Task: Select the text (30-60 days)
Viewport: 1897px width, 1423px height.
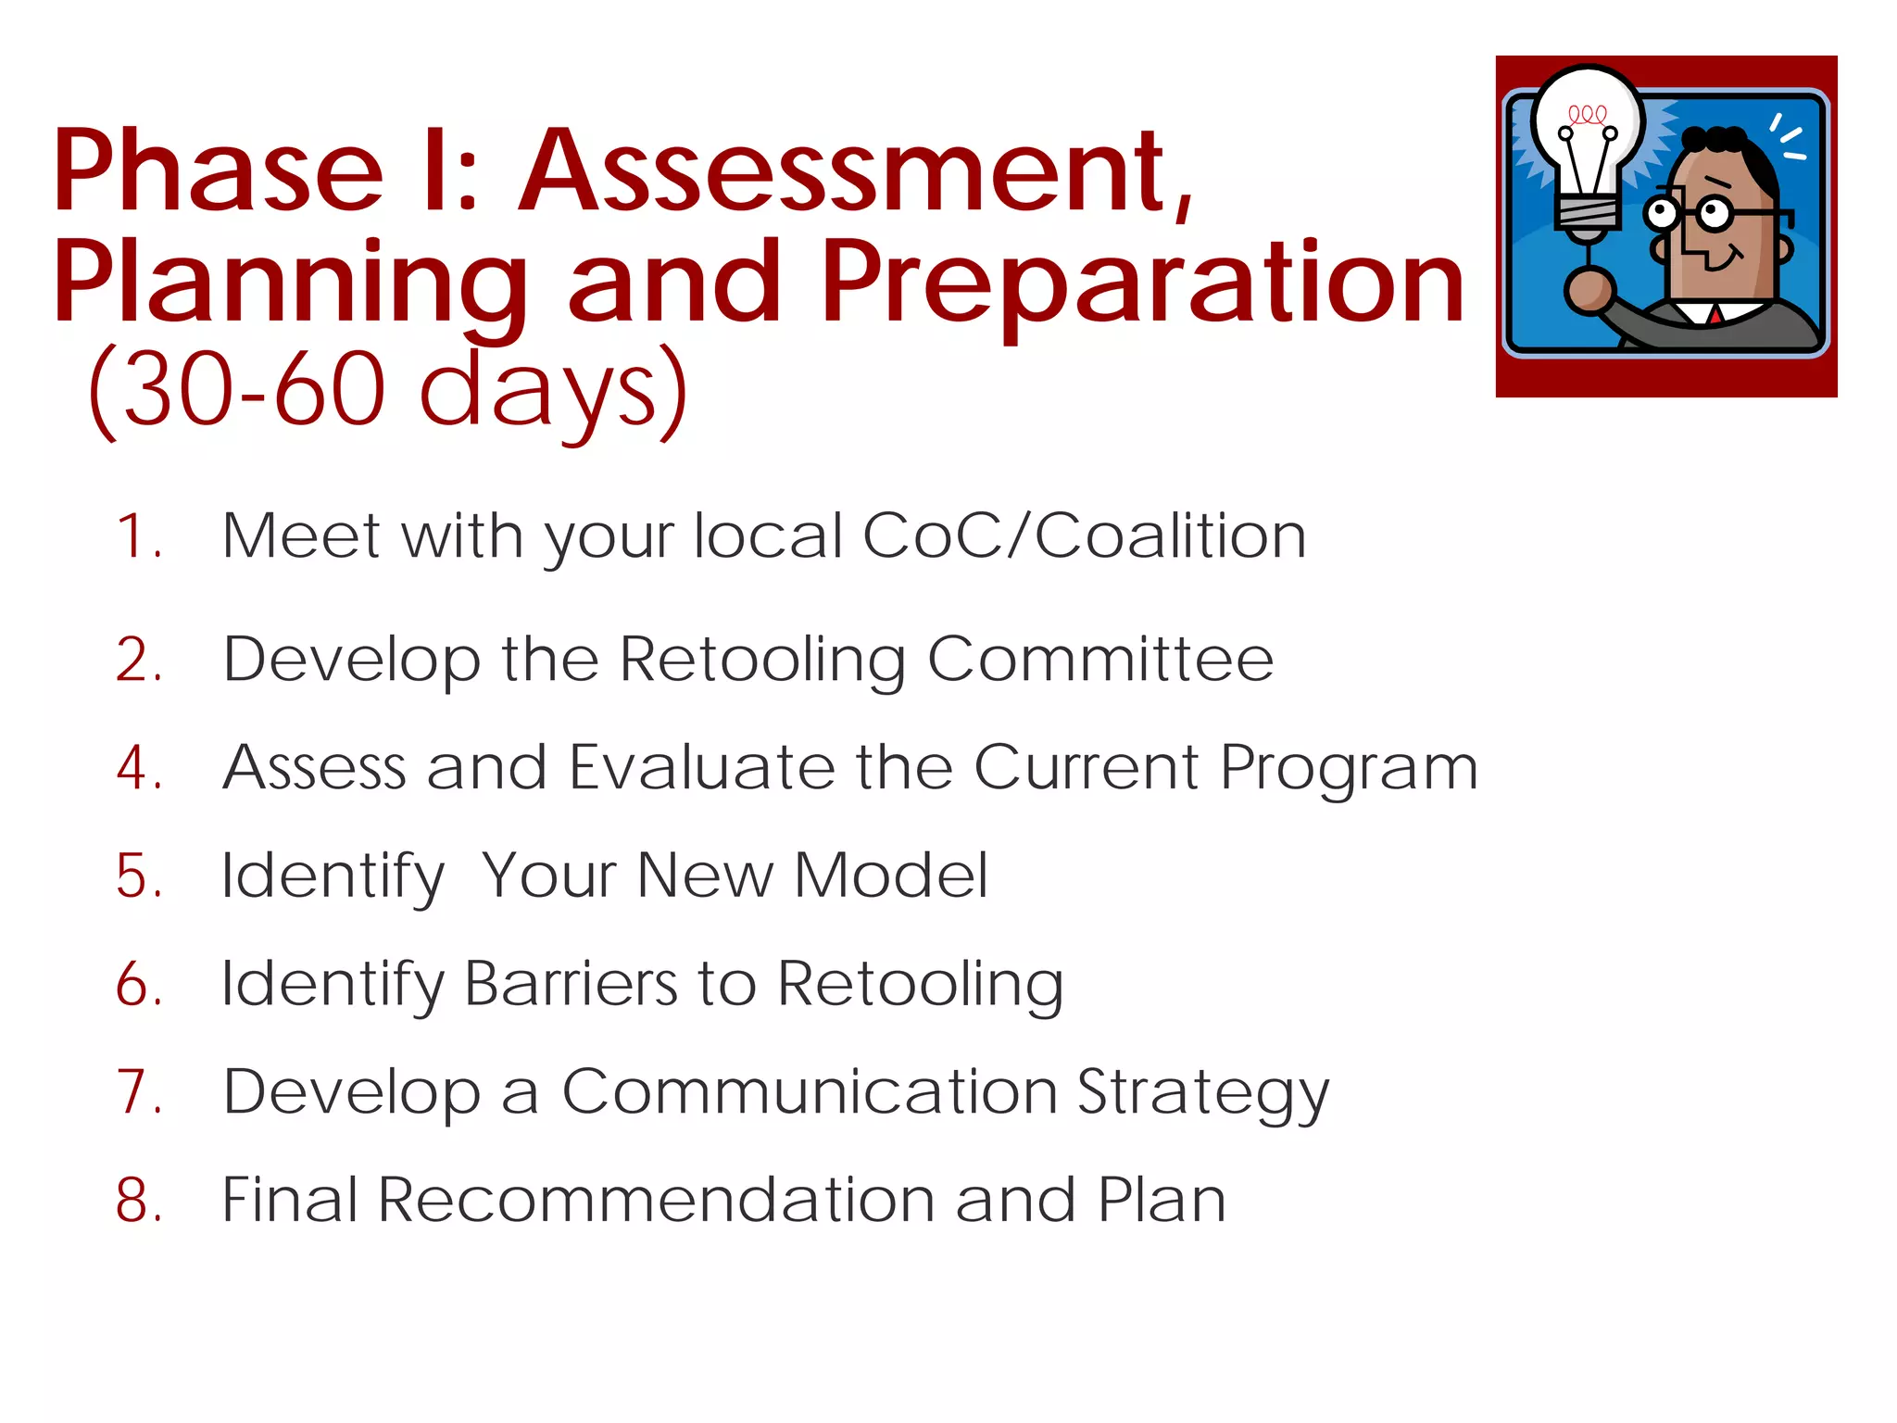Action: tap(389, 389)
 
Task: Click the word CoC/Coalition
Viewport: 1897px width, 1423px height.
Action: tap(1084, 536)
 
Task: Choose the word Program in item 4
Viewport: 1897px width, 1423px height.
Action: tap(1349, 770)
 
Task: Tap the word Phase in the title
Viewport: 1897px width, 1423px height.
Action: tap(218, 171)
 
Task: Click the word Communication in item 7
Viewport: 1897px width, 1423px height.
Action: tap(810, 1092)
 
